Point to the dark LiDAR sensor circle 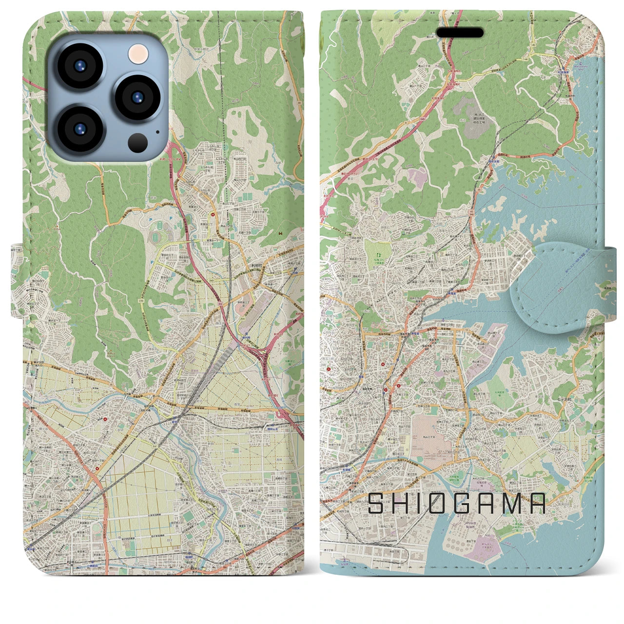pyautogui.click(x=138, y=142)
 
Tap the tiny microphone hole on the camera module pyautogui.click(x=157, y=131)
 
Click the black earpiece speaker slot pyautogui.click(x=460, y=33)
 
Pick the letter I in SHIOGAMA pyautogui.click(x=420, y=504)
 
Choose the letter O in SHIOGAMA pyautogui.click(x=440, y=504)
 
